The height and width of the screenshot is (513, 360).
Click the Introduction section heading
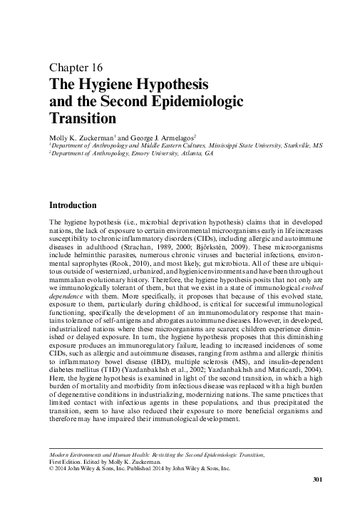click(76, 204)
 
